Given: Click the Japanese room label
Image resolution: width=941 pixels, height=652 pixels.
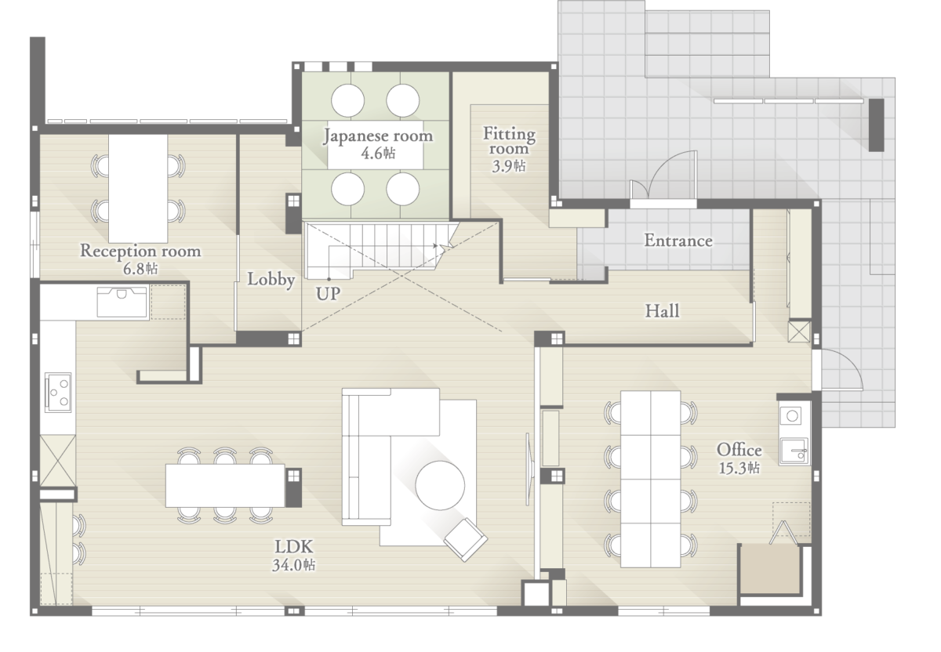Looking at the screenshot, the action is pyautogui.click(x=378, y=136).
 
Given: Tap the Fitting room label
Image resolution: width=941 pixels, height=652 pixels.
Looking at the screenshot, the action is pyautogui.click(x=509, y=140).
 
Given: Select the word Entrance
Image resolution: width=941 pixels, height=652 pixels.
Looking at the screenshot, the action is pyautogui.click(x=678, y=241).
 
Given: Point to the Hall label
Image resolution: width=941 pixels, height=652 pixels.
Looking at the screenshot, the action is pyautogui.click(x=662, y=311).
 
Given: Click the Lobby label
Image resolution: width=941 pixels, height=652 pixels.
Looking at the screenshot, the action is pyautogui.click(x=271, y=279).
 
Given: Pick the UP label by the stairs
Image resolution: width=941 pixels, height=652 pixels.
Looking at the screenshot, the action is pyautogui.click(x=328, y=294).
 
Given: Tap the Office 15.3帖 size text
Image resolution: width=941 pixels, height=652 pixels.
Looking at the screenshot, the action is pyautogui.click(x=739, y=468).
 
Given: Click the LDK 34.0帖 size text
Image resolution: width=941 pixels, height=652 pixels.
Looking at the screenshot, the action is pyautogui.click(x=293, y=565).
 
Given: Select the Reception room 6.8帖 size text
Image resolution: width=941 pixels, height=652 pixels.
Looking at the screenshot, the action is pyautogui.click(x=140, y=269).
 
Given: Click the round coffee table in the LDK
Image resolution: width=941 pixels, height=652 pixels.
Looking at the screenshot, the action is pyautogui.click(x=440, y=485).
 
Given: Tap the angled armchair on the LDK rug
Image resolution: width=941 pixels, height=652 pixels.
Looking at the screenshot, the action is pyautogui.click(x=466, y=540).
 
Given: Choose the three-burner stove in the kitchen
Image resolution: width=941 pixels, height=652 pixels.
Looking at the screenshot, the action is pyautogui.click(x=58, y=392).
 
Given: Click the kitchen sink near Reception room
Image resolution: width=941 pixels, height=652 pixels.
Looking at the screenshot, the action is pyautogui.click(x=122, y=302).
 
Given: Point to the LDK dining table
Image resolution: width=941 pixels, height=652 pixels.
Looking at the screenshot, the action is pyautogui.click(x=226, y=485).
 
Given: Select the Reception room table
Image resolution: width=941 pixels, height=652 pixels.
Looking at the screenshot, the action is pyautogui.click(x=138, y=188).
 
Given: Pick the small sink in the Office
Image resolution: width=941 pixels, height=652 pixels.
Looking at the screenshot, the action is pyautogui.click(x=794, y=451).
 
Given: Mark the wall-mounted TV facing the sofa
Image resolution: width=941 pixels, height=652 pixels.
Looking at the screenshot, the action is pyautogui.click(x=530, y=469).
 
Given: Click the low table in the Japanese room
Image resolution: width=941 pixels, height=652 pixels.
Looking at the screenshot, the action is pyautogui.click(x=375, y=145).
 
